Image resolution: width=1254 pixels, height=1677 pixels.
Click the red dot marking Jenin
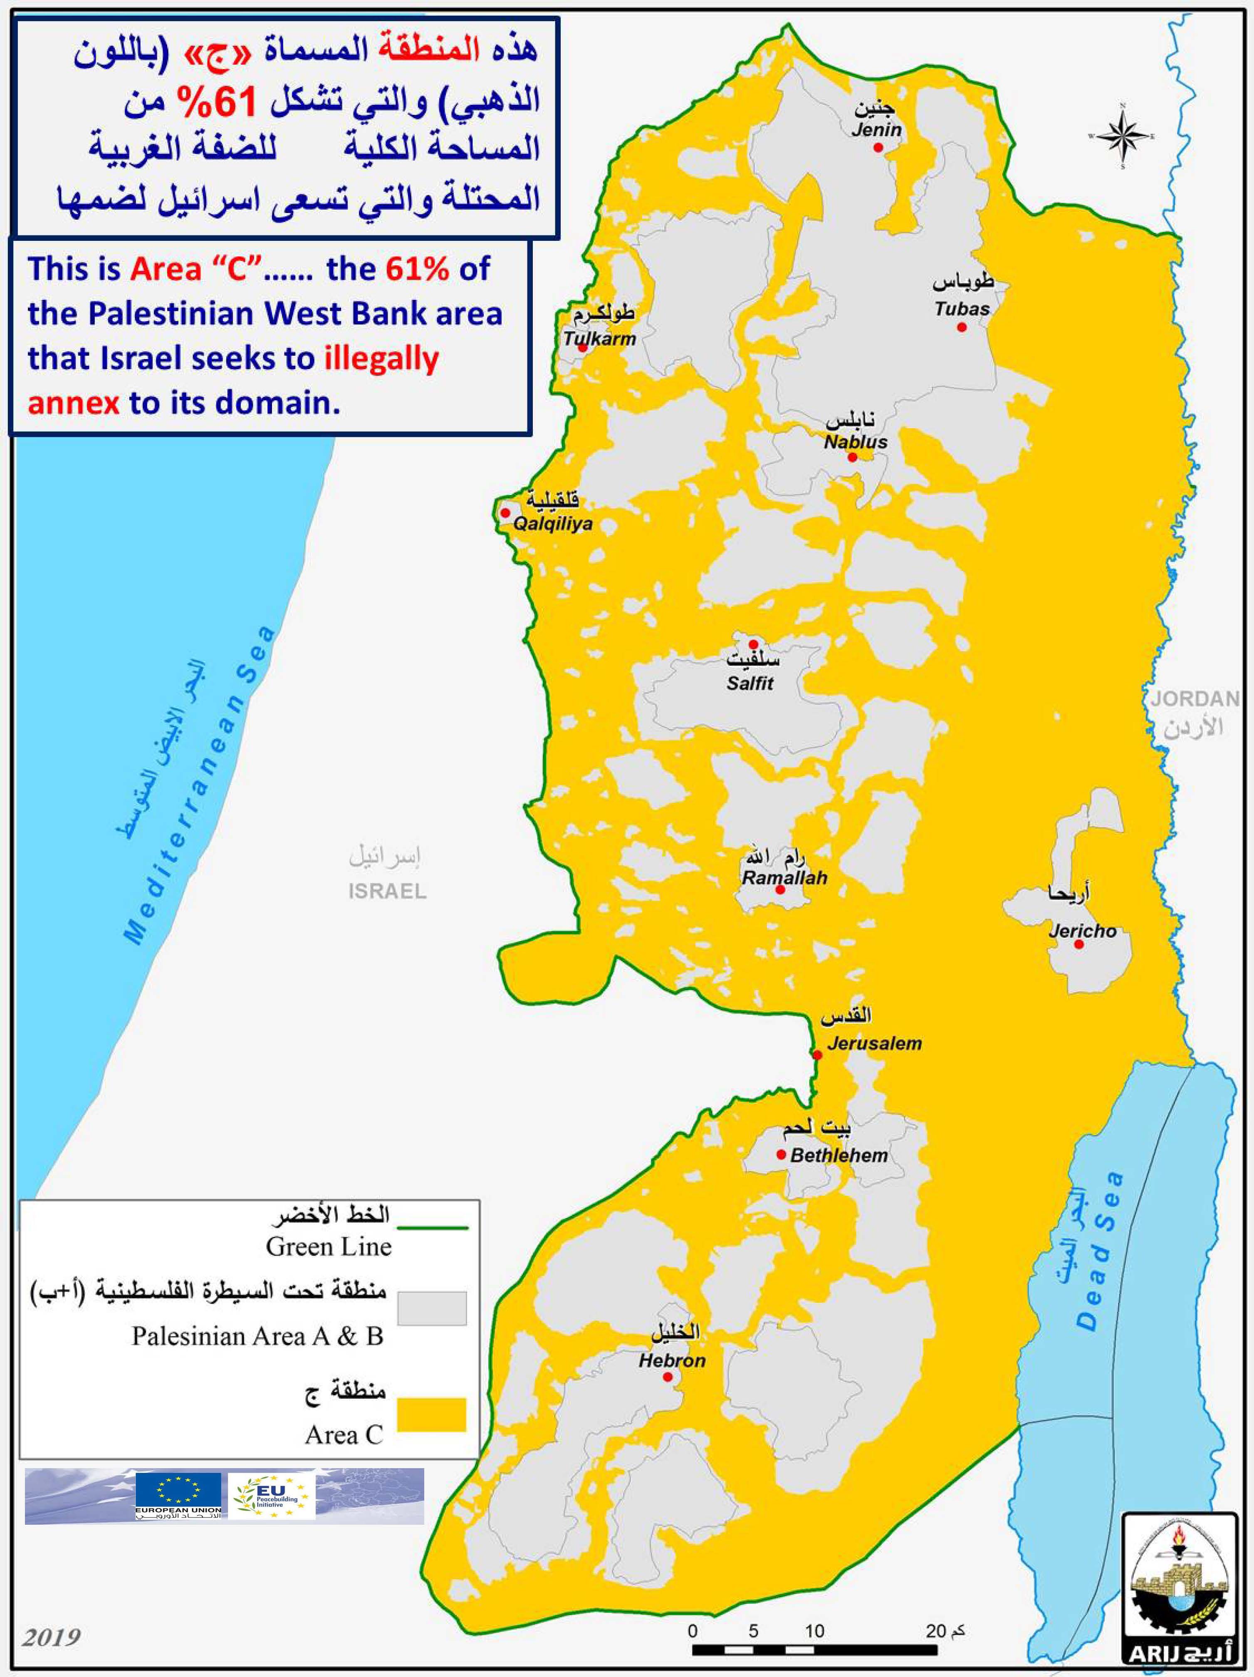tap(878, 148)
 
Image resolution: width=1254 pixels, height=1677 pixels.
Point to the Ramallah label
tap(784, 878)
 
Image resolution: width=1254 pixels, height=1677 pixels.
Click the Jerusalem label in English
tap(874, 1043)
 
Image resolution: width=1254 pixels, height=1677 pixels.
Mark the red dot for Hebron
tap(667, 1377)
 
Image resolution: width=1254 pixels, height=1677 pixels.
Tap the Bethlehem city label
tap(838, 1155)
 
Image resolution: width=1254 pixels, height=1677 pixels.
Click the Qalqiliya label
tap(553, 523)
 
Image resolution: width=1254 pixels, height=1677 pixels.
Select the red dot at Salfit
tap(753, 644)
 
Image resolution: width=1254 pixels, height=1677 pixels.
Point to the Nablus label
tap(855, 441)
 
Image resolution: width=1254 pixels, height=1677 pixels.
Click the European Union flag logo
tap(178, 1493)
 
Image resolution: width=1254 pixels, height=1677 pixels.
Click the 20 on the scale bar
tap(935, 1630)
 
